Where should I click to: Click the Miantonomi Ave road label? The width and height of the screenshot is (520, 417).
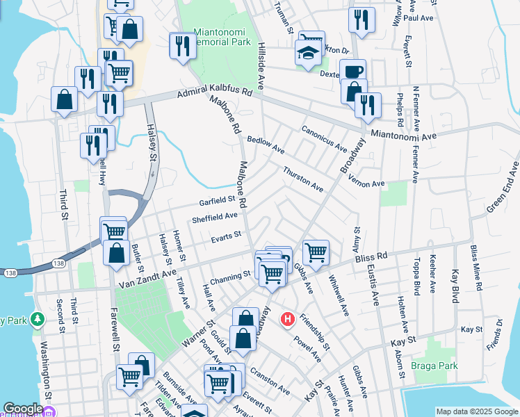[405, 135]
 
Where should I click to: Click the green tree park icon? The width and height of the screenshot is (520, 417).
[38, 320]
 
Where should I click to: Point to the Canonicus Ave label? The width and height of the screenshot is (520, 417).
[324, 138]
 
